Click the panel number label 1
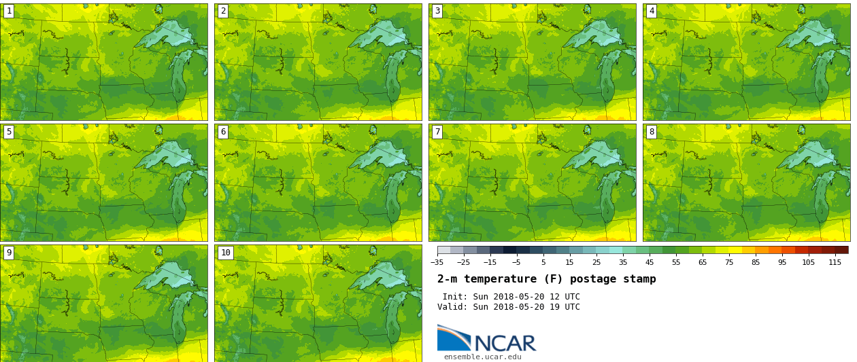pos(9,11)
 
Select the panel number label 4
pos(652,11)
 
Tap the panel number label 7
pos(437,132)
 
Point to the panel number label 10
pos(225,253)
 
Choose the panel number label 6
pos(223,132)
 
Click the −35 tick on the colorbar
pos(437,262)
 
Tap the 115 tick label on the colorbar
pos(835,262)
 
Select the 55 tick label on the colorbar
pos(676,262)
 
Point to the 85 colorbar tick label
pos(756,262)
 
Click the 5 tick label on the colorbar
pos(543,262)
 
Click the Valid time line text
pos(509,307)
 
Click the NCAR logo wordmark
pos(505,343)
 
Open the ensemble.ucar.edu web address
pos(482,357)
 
